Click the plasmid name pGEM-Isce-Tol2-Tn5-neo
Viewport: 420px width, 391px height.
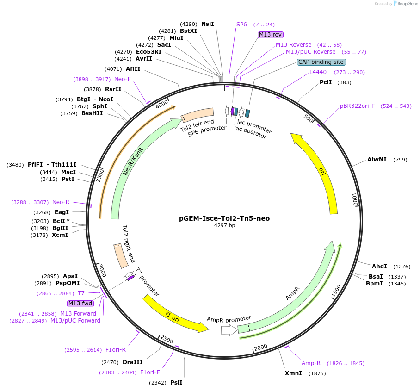[x=224, y=218]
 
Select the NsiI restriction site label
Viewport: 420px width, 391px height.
[x=208, y=24]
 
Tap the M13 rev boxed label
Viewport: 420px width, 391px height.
[x=271, y=34]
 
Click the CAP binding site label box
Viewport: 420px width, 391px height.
[x=321, y=62]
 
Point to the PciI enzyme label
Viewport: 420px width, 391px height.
[x=326, y=82]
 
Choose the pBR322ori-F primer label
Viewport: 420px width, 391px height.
[x=357, y=106]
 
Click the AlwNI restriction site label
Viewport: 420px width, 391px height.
[x=377, y=160]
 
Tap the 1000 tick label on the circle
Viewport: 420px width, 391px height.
[x=355, y=200]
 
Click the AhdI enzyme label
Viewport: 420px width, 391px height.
[x=379, y=267]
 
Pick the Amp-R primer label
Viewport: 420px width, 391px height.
[x=311, y=363]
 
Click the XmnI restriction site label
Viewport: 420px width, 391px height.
[x=293, y=373]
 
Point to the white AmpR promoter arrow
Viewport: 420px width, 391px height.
[x=228, y=330]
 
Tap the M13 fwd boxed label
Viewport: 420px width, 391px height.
[x=80, y=304]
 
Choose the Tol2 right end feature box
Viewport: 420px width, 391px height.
[x=121, y=256]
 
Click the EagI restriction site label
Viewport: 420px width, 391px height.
[x=62, y=212]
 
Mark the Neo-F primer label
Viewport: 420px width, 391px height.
[x=123, y=79]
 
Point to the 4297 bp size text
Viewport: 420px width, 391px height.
[x=224, y=226]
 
